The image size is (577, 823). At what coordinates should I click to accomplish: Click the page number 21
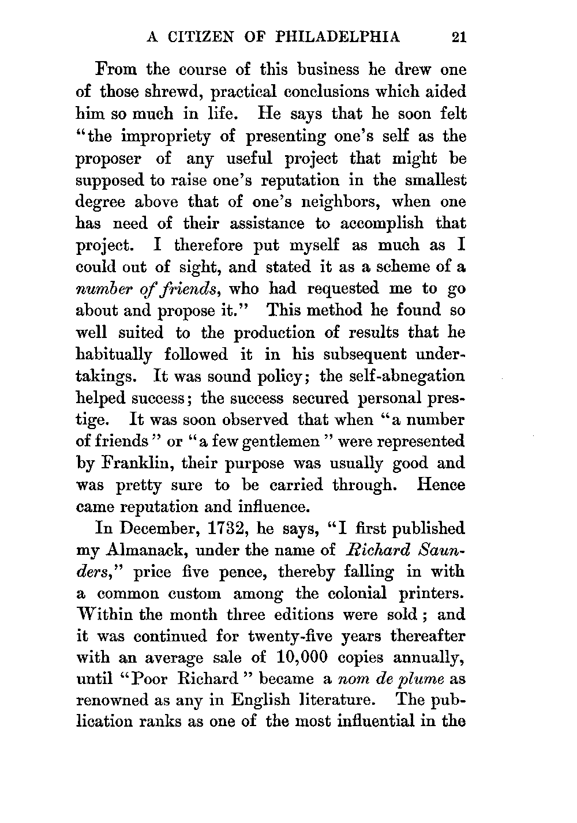pos(459,37)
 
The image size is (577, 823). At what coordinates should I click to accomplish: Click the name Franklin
pos(134,464)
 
